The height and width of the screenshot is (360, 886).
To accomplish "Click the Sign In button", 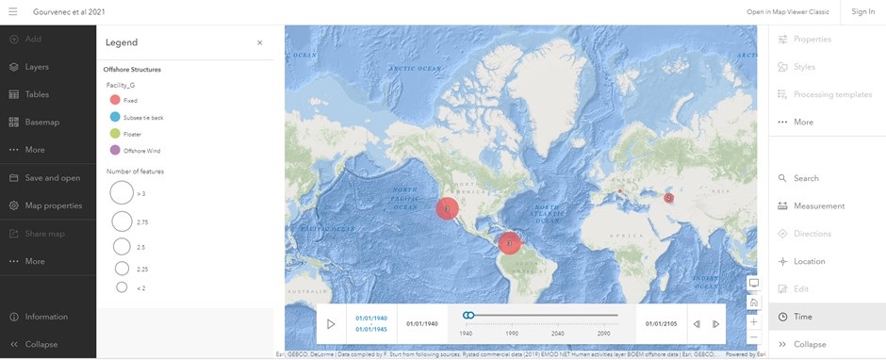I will click(x=862, y=11).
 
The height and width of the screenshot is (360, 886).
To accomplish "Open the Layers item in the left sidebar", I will click(x=37, y=67).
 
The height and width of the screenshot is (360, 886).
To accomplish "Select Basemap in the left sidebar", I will click(x=41, y=123).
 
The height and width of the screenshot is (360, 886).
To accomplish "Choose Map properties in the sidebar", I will click(x=53, y=205).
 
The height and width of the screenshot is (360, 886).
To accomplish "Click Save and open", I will click(x=52, y=178).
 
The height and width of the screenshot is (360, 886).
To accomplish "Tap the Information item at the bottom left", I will click(x=46, y=317).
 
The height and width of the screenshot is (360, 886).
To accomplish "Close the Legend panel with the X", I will click(x=260, y=42).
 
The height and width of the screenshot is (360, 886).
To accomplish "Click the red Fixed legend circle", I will click(x=115, y=100).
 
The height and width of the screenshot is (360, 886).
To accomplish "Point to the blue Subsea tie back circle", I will click(x=115, y=117).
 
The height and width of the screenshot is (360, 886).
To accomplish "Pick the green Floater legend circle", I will click(x=115, y=134).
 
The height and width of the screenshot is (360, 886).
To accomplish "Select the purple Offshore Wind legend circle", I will click(x=115, y=151).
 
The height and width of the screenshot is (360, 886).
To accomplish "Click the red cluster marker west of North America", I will click(x=447, y=209).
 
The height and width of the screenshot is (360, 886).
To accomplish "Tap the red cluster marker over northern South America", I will click(x=509, y=242).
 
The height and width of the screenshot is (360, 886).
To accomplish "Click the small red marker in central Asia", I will click(x=668, y=198).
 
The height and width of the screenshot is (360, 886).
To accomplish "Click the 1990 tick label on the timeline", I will click(x=512, y=334).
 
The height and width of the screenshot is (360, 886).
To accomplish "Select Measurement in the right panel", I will click(x=818, y=205).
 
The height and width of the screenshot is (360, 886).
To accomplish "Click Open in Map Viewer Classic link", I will click(x=787, y=11).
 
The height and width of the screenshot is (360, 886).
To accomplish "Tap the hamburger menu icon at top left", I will click(x=12, y=11).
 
